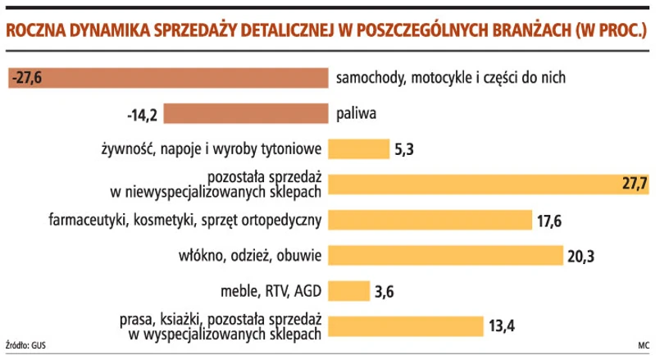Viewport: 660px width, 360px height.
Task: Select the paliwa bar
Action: (246, 113)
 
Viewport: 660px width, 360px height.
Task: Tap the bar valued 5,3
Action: (358, 148)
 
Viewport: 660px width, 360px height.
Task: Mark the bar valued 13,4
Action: (406, 326)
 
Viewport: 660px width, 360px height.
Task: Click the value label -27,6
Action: (27, 78)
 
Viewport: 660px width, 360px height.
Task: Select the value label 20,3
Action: (580, 256)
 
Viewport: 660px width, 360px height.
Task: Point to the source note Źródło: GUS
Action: (25, 347)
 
